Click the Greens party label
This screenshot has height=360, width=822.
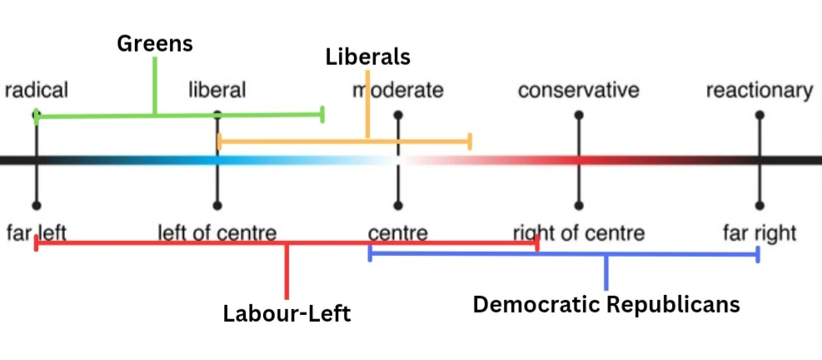point(155,43)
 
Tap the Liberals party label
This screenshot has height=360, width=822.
point(367,57)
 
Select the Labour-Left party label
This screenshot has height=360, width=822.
point(286,313)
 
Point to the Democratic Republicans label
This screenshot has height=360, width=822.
point(605,304)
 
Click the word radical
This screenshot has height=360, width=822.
point(36,90)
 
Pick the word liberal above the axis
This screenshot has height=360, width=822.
point(217,90)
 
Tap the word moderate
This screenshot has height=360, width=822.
point(397,90)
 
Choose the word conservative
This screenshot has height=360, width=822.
point(578,90)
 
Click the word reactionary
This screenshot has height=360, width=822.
point(759,90)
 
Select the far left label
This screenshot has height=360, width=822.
point(36,232)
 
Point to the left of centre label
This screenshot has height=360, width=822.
point(217,232)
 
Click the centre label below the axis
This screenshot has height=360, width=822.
point(397,232)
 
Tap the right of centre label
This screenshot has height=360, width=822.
point(578,232)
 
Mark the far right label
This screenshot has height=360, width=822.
point(759,232)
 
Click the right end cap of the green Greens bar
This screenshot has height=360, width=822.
point(322,114)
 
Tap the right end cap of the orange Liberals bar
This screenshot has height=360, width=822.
point(471,141)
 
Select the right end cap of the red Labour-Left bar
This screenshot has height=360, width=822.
point(537,243)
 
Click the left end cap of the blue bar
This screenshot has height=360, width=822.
point(370,253)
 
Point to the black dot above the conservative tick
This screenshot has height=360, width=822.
point(578,114)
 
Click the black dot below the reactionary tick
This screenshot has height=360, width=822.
point(759,205)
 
